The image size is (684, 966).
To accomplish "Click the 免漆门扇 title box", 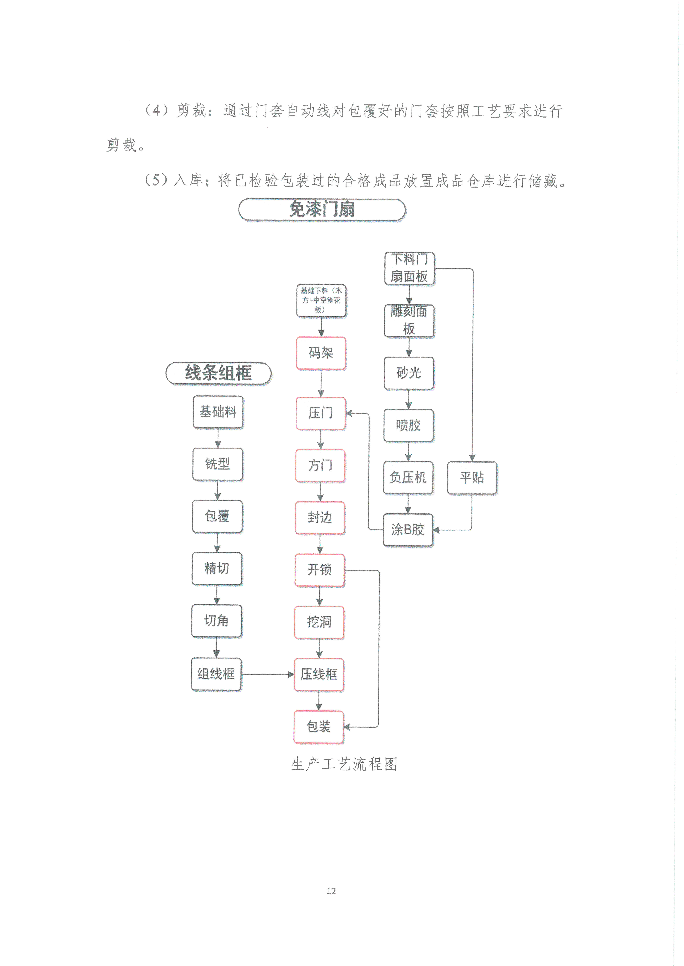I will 322,210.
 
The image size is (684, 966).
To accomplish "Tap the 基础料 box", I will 218,412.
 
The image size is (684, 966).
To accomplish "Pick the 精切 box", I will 217,568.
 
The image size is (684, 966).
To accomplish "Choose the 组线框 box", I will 216,674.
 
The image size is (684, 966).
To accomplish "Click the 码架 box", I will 321,353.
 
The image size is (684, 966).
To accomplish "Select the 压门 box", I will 321,413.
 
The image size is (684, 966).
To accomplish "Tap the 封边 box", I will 320,517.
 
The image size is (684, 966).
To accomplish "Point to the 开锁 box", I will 320,570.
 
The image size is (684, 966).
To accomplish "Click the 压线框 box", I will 319,674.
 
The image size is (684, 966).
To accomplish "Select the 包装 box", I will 318,727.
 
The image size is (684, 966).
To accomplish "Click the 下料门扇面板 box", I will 409,268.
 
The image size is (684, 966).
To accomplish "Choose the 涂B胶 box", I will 408,530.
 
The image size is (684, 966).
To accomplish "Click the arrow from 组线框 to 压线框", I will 267,674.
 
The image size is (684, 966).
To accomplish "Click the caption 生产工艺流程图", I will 344,764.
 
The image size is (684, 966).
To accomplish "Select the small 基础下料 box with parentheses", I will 321,300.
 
